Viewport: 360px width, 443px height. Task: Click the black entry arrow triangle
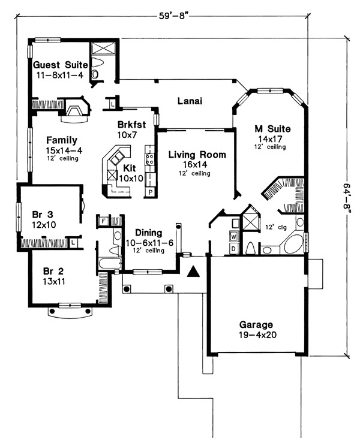(193, 272)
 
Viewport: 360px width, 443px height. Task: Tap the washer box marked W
(233, 236)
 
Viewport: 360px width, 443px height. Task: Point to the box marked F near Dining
(103, 221)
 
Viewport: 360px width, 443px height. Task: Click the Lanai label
(190, 101)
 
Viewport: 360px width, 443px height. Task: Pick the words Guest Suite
(60, 65)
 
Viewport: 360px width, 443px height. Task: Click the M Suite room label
(272, 129)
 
